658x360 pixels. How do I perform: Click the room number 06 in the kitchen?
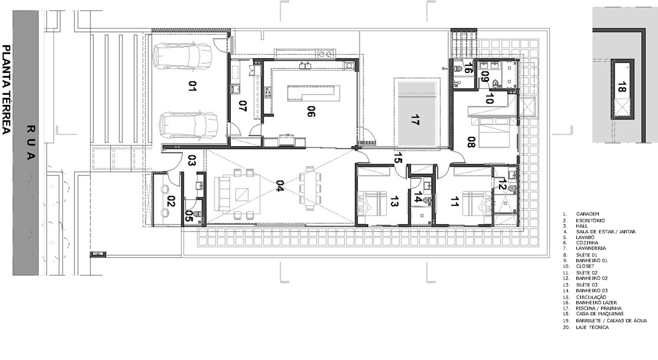[x=310, y=111]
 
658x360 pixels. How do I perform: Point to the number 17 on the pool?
[x=415, y=120]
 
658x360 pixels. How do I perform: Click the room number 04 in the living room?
[x=280, y=186]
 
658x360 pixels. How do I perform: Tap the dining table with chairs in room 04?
[x=311, y=188]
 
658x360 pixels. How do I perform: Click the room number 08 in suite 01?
[x=470, y=142]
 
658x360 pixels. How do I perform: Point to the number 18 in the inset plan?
[x=622, y=86]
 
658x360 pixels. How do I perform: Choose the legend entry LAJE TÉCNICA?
[x=592, y=327]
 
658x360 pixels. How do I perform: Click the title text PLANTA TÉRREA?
[x=7, y=89]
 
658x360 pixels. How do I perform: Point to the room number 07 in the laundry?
[x=243, y=106]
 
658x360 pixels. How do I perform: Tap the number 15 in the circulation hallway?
[x=397, y=158]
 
